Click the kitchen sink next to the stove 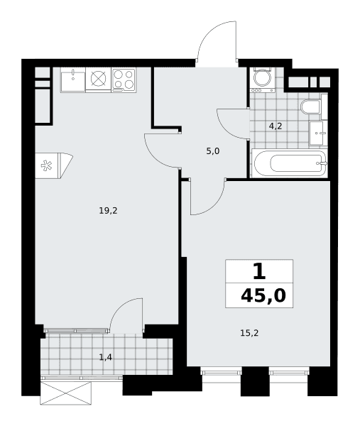[x=73, y=80]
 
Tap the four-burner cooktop [x=124, y=80]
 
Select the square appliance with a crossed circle [x=99, y=79]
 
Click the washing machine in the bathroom [x=263, y=80]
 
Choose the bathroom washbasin [x=318, y=133]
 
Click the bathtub [x=290, y=163]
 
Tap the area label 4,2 [x=276, y=126]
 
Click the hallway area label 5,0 [x=213, y=151]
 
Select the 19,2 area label [x=108, y=211]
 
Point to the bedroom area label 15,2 [x=249, y=333]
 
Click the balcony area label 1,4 [x=105, y=358]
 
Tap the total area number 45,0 [x=263, y=295]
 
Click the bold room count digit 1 [x=259, y=272]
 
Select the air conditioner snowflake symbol [x=46, y=166]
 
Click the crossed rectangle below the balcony [x=65, y=393]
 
